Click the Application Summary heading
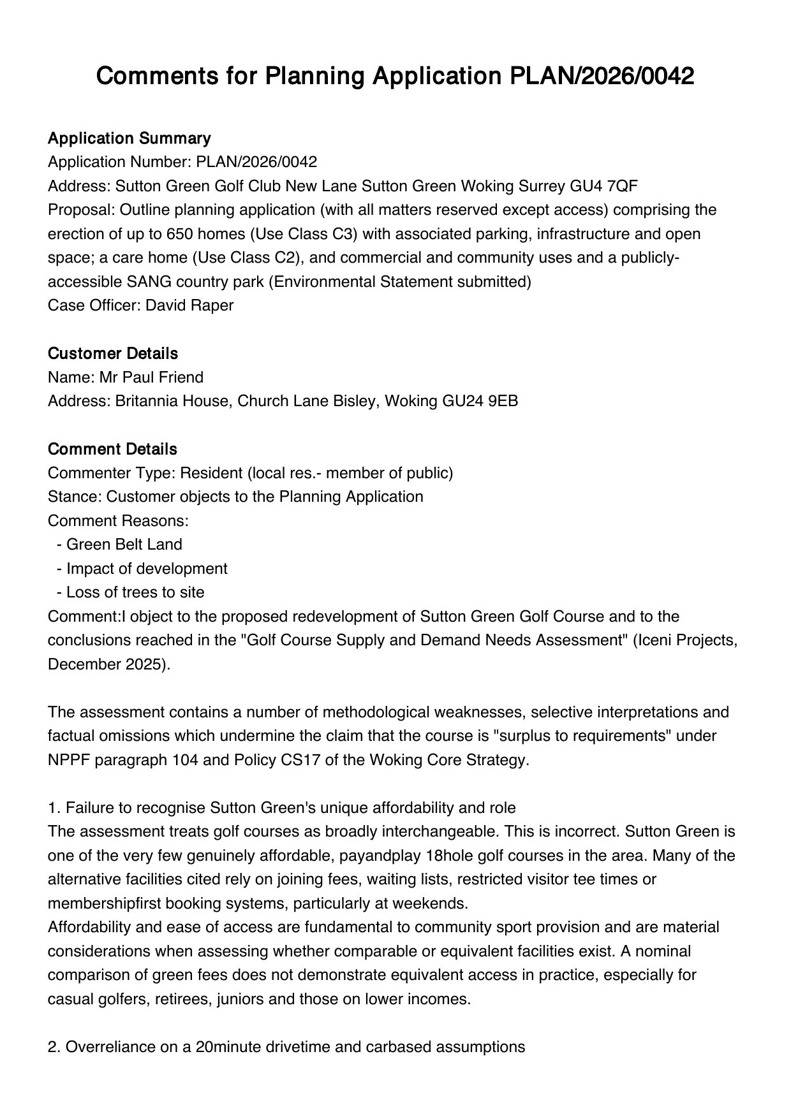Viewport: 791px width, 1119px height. (x=129, y=138)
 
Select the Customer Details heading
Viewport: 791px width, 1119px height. (x=112, y=354)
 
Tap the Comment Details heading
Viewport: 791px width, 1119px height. (x=112, y=450)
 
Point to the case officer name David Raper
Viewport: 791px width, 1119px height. (x=189, y=305)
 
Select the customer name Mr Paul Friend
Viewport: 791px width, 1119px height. (x=151, y=377)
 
